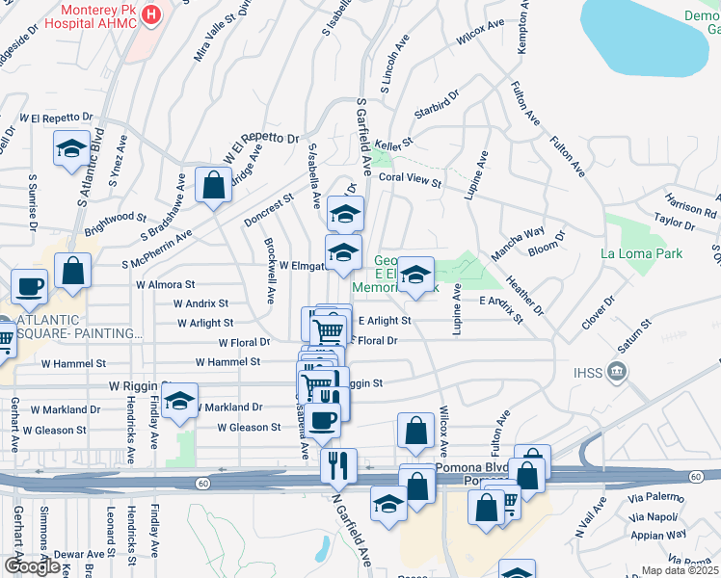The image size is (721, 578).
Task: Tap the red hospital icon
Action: coord(150,14)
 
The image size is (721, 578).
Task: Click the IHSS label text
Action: coord(588,372)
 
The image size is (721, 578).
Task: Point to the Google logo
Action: coord(32,565)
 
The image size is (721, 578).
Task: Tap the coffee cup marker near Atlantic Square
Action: coord(29,286)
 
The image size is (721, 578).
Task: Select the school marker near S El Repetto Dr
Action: coord(71,148)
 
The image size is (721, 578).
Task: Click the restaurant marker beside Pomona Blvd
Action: coord(338,466)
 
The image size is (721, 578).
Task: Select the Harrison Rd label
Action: coord(690,204)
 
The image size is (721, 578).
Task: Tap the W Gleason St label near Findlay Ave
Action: coord(249,427)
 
